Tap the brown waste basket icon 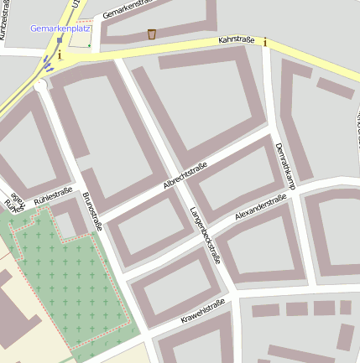coord(151,34)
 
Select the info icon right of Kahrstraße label coord(265,41)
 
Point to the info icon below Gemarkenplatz coord(60,54)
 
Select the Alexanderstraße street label coord(260,207)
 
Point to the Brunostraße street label coord(92,211)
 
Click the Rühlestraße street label coord(53,196)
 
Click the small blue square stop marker coord(60,39)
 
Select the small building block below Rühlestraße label coord(70,217)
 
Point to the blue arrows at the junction coord(49,65)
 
